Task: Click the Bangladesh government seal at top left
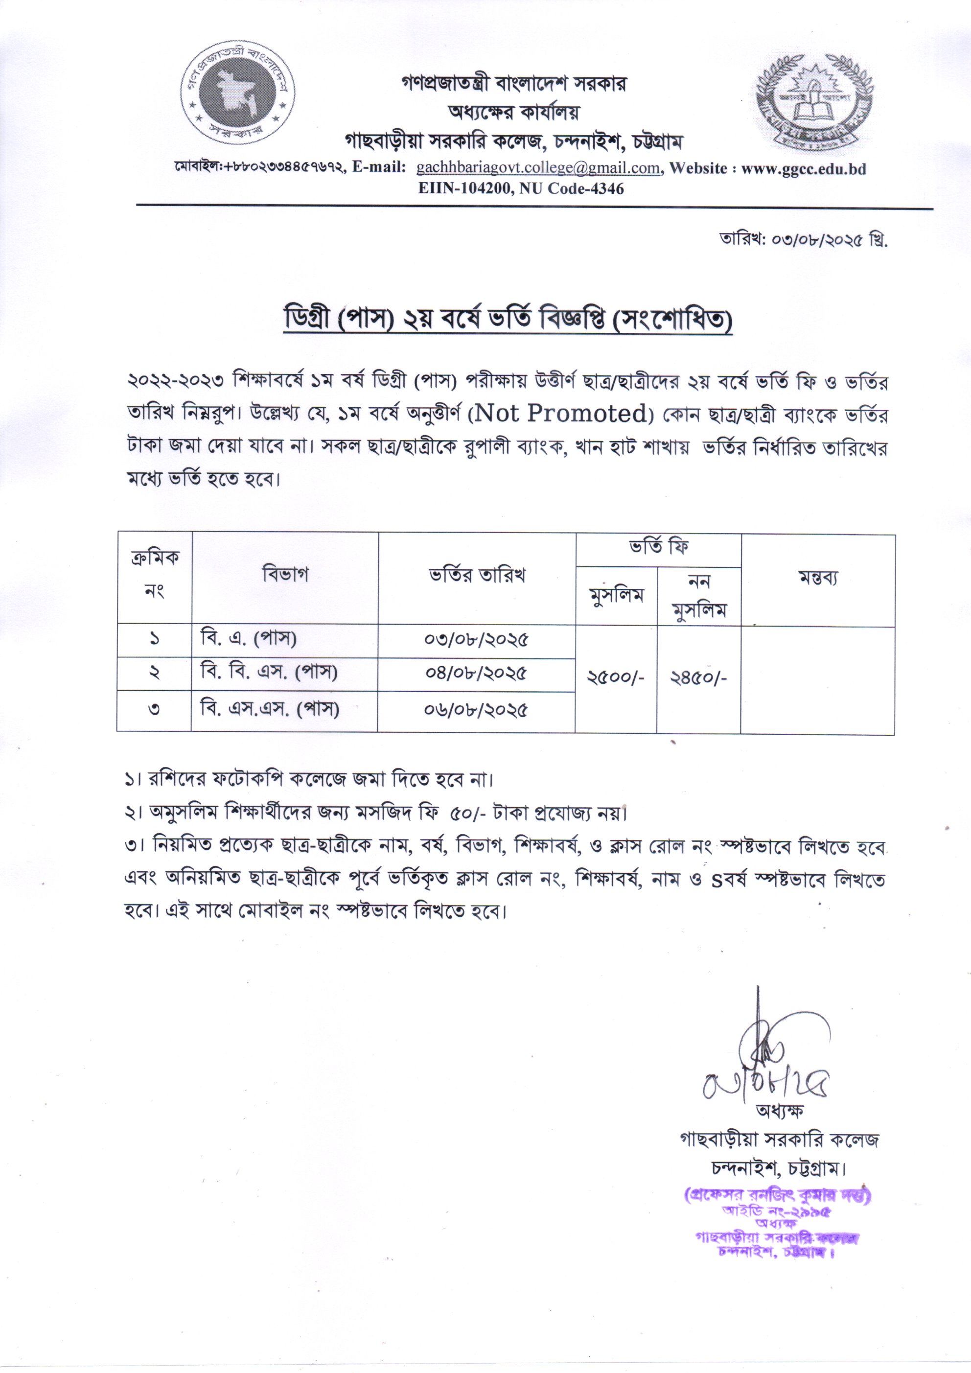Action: click(238, 94)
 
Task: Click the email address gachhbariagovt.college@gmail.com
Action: click(538, 168)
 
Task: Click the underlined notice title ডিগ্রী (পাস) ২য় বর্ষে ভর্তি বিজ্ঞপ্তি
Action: click(507, 322)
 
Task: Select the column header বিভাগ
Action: click(285, 575)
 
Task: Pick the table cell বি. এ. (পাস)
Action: click(249, 639)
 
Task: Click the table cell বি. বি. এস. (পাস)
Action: click(269, 673)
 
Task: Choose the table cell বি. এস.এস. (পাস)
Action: click(270, 709)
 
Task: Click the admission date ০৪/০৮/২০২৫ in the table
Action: click(477, 674)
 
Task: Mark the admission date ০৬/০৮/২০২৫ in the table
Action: click(477, 710)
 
